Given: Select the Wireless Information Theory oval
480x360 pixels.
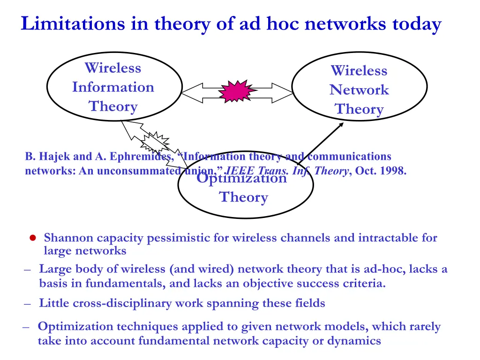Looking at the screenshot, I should point(114,87).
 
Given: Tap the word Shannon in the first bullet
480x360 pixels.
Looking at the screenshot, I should point(70,238).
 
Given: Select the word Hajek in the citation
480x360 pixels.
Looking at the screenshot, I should point(52,157).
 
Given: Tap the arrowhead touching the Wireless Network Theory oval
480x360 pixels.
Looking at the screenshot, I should point(341,125).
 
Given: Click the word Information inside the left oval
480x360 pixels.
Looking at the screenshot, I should point(113,87).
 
